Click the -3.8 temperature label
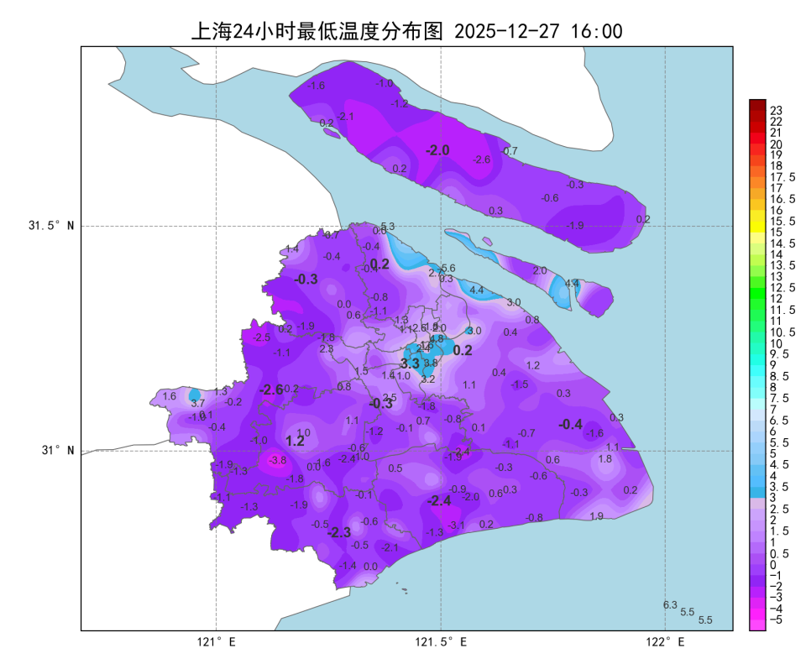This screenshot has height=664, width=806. tap(278, 460)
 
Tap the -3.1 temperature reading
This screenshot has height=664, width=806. tap(457, 525)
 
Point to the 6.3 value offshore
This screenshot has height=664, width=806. tap(670, 605)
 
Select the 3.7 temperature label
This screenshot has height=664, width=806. tap(198, 404)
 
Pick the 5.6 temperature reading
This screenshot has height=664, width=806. tap(448, 268)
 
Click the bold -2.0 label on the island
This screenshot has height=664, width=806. tap(437, 150)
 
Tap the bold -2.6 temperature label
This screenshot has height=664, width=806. tap(271, 390)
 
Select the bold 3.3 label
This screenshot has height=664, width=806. tap(410, 364)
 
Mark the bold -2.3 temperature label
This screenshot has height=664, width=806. tap(338, 533)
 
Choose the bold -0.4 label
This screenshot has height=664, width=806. tap(571, 425)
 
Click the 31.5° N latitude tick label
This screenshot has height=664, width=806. tap(51, 226)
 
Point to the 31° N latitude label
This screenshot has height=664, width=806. tap(58, 450)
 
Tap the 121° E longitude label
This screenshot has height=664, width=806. tap(217, 643)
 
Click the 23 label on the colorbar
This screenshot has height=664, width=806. tap(777, 110)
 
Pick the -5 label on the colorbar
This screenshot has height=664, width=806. tap(777, 620)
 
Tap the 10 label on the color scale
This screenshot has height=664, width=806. tap(777, 343)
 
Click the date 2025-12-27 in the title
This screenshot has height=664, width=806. tap(507, 32)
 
